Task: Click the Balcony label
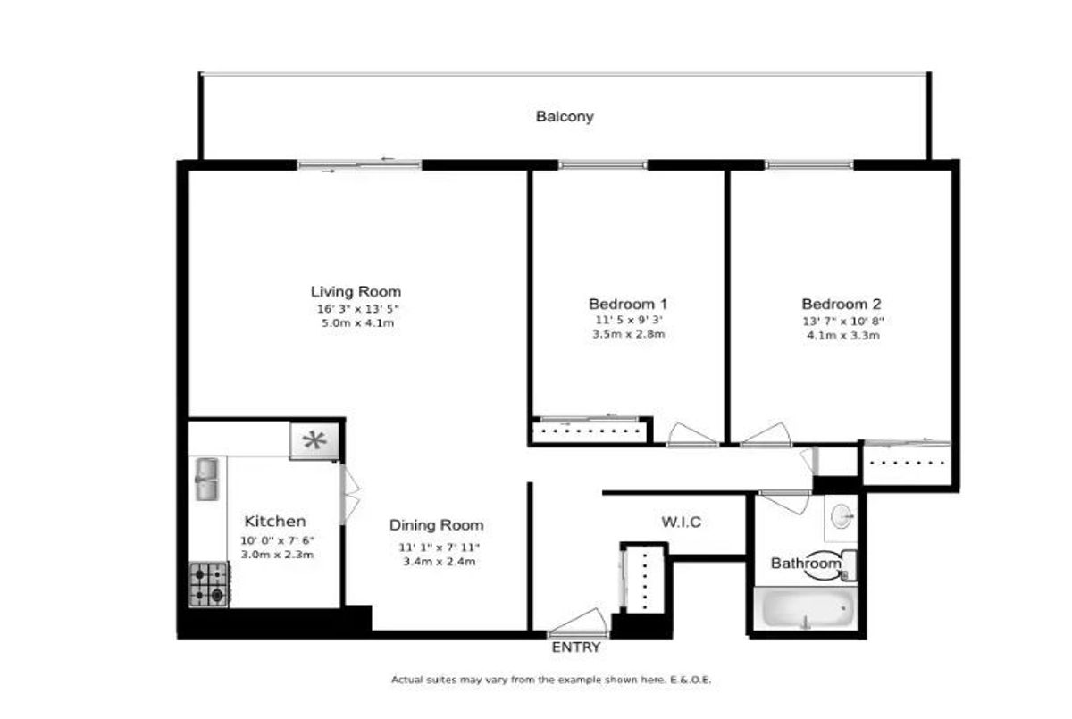coord(565,117)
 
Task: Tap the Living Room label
coord(356,291)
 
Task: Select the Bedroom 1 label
coord(628,304)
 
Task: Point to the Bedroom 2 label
coord(842,304)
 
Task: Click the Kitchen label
coord(275,521)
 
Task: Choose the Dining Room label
coord(437,525)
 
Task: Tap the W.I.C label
coord(682,522)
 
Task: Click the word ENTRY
coord(576,648)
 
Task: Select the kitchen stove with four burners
coord(209,584)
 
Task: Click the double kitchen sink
coord(206,480)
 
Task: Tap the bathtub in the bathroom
coord(807,607)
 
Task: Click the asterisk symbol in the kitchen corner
coord(314,440)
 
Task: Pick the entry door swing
coord(578,623)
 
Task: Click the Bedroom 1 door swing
coord(691,434)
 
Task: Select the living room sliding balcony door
coord(360,165)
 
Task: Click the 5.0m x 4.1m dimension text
coord(358,323)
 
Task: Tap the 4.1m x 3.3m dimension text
coord(843,335)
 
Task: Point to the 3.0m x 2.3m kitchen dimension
coord(277,555)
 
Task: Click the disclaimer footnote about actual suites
coord(551,680)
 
